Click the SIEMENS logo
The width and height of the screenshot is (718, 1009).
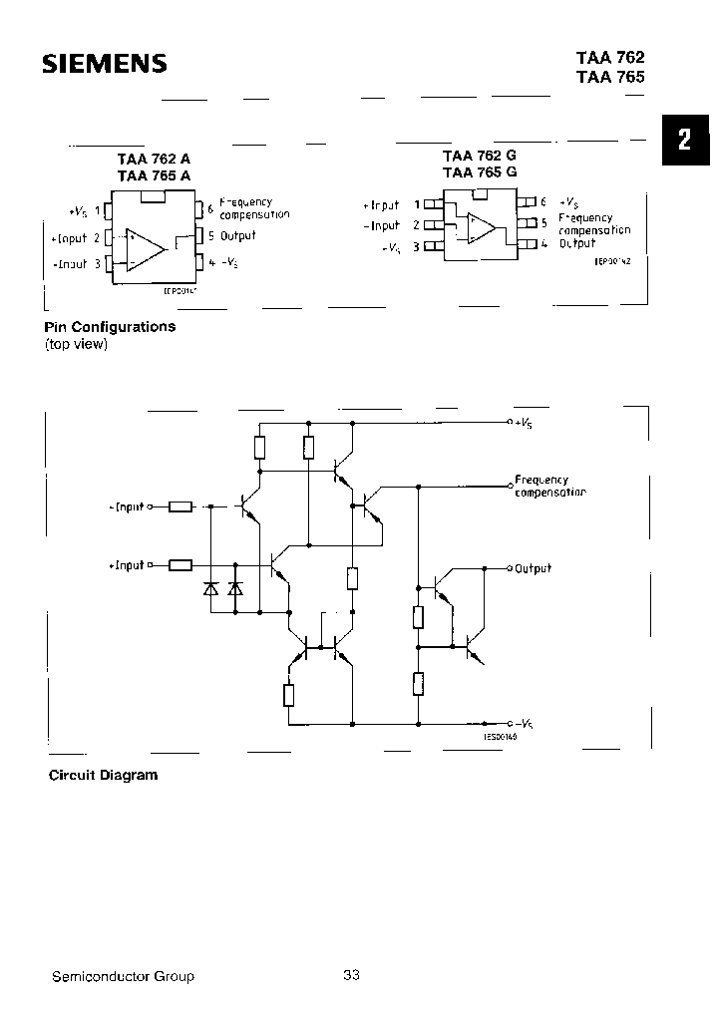(104, 66)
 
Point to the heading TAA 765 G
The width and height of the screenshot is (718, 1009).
(480, 171)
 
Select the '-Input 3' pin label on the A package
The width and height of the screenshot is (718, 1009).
(77, 264)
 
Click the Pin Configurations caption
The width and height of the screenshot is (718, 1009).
(110, 327)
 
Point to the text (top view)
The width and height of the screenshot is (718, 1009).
(76, 344)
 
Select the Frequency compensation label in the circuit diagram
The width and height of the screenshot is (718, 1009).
(549, 486)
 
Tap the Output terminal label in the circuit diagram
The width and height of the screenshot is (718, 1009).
(533, 568)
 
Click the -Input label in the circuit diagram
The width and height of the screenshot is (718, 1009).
(127, 506)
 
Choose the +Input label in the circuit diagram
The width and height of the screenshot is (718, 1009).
(127, 565)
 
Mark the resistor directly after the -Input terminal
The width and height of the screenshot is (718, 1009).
(180, 506)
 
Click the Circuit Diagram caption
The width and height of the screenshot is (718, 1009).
(104, 775)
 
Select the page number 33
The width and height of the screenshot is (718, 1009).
(351, 975)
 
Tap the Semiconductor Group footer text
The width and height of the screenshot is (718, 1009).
(123, 976)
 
